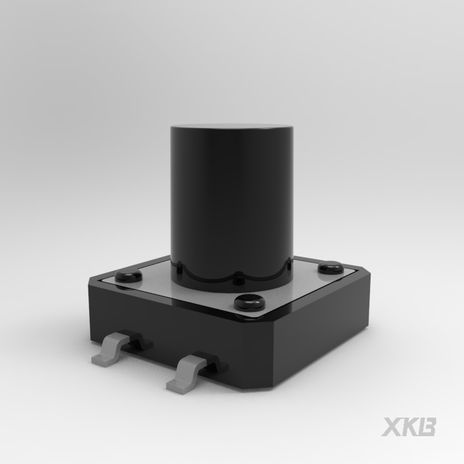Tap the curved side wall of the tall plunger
click(232, 201)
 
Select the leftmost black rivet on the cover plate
click(129, 275)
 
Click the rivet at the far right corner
click(331, 267)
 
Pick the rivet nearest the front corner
click(249, 303)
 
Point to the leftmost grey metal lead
click(110, 348)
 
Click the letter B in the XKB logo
click(426, 427)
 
